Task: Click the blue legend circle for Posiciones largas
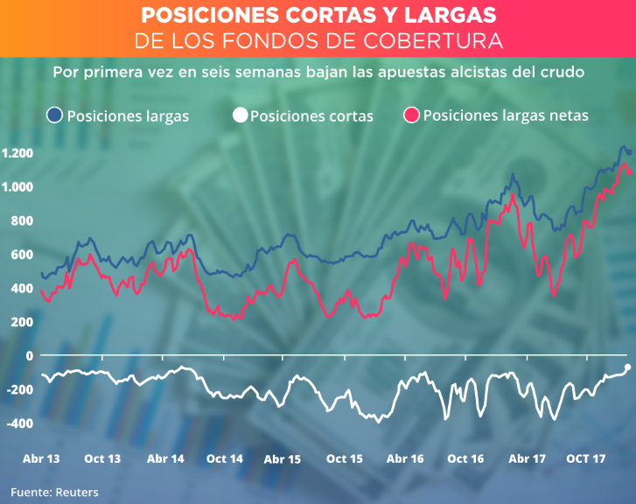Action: click(56, 115)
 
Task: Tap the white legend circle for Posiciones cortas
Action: click(240, 115)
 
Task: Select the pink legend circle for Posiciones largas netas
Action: click(412, 115)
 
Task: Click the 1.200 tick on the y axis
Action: click(17, 154)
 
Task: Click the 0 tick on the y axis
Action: click(29, 356)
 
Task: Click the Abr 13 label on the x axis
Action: click(41, 458)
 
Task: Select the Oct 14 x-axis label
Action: click(224, 458)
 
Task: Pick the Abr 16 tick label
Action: click(405, 458)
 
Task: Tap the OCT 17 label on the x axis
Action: click(586, 458)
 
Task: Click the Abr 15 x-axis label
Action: click(283, 458)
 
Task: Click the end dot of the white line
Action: click(628, 367)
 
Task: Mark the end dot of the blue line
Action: click(629, 153)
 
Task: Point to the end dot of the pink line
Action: click(629, 171)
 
